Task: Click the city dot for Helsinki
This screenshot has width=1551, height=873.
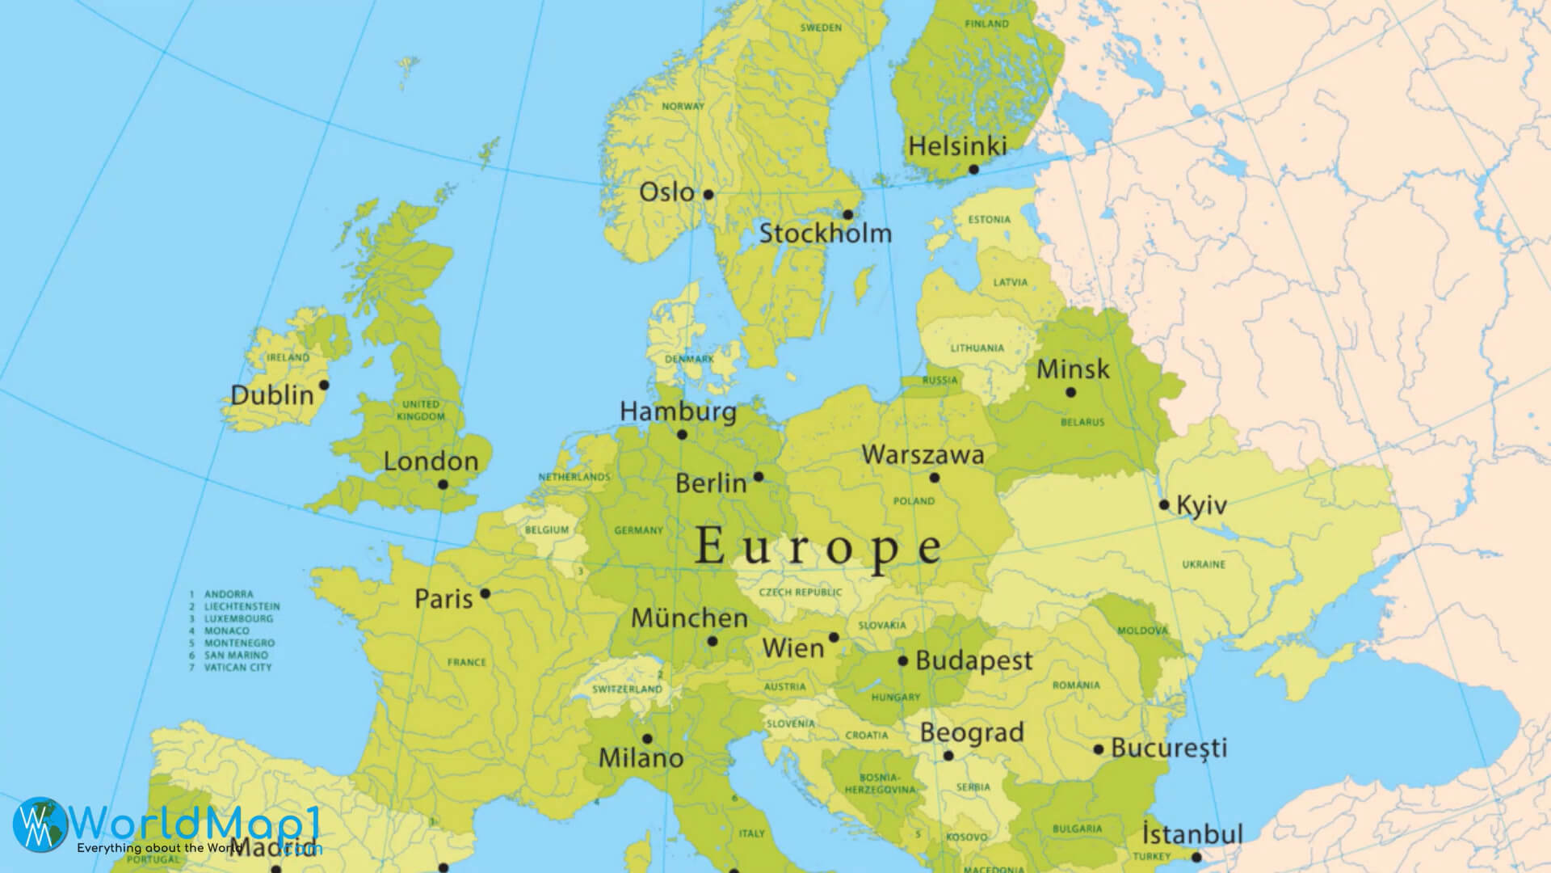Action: point(973,169)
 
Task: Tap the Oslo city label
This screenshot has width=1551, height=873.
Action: point(666,192)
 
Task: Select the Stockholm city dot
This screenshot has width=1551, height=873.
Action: point(847,215)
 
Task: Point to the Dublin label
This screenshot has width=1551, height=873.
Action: point(272,395)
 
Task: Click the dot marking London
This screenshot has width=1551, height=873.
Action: point(443,485)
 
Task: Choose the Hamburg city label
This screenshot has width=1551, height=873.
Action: point(678,411)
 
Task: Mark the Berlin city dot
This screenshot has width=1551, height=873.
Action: point(758,477)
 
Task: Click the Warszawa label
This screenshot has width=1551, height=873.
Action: point(923,454)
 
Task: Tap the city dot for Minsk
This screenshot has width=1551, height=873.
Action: point(1070,392)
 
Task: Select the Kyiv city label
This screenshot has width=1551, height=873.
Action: point(1201,506)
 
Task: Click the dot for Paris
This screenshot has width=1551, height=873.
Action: point(485,593)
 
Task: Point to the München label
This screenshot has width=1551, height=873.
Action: point(689,618)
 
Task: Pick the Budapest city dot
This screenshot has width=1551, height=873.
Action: point(903,661)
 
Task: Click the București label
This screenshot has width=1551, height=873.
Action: point(1169,748)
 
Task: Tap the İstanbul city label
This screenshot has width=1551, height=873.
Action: point(1192,833)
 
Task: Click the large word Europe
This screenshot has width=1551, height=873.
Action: point(818,546)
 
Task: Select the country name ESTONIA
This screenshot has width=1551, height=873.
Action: point(990,220)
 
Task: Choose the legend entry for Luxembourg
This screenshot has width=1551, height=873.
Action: point(238,618)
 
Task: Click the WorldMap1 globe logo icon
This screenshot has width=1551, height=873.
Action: point(41,824)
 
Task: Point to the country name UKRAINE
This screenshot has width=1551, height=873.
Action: point(1204,564)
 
